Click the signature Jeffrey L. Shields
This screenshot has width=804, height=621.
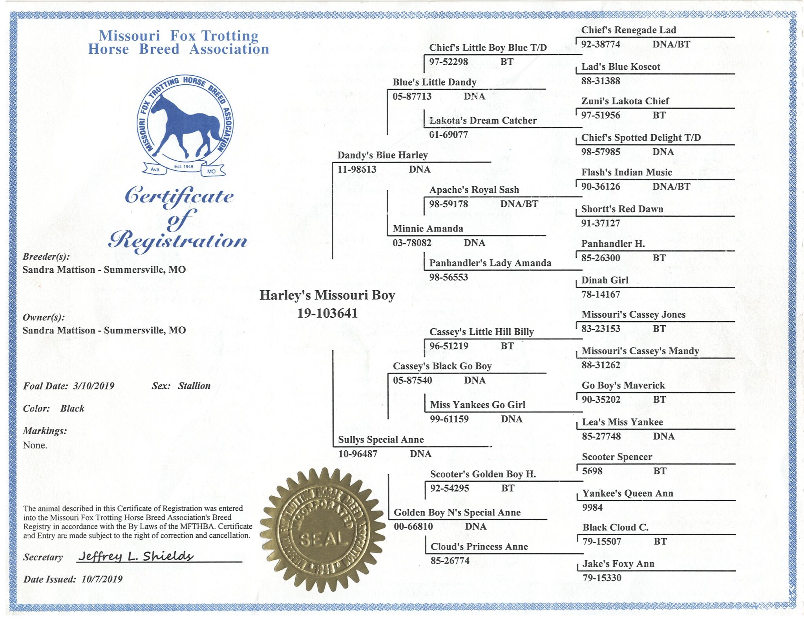[136, 556]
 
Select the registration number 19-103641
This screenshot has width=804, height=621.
[327, 313]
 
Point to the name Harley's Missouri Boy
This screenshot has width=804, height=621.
[327, 295]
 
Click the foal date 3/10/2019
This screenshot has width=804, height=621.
[94, 386]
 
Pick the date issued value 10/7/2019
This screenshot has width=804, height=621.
[102, 579]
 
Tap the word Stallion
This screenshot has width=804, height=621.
[194, 386]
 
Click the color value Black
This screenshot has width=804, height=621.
[72, 408]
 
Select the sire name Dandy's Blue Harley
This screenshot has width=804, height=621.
[382, 155]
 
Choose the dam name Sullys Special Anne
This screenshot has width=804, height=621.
[381, 440]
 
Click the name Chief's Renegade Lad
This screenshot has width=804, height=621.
[629, 30]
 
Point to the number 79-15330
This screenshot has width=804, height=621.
[602, 578]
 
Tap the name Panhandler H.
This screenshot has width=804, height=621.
[613, 244]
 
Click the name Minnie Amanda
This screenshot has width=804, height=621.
[428, 229]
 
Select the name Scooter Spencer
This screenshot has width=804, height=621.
[617, 457]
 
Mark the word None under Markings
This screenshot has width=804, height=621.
[35, 445]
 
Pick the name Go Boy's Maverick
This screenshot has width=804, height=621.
[623, 386]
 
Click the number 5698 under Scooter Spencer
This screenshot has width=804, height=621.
[592, 471]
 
